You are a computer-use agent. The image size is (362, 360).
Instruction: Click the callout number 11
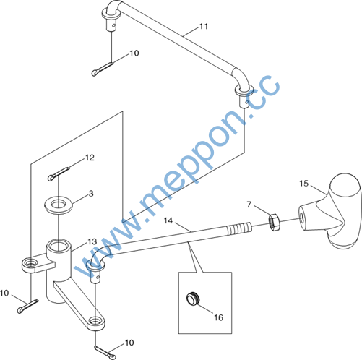point(204,26)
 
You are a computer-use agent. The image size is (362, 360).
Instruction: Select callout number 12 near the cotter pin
point(90,158)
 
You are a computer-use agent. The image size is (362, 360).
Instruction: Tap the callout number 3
point(91,193)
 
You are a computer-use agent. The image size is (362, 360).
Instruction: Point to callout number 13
point(92,241)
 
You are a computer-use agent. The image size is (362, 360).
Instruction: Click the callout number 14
point(168,220)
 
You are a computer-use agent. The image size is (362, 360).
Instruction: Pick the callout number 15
point(303,184)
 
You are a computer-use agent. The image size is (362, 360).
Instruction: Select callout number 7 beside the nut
point(249,205)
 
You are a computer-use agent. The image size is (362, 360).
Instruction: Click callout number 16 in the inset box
point(219,317)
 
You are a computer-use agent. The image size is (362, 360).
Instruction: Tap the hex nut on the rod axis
point(275,222)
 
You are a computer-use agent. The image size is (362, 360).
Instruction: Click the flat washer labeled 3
point(59,205)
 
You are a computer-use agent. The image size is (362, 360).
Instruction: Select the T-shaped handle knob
point(330,210)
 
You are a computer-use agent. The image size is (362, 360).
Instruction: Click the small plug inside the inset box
point(193,299)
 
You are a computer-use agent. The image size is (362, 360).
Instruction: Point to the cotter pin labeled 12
point(59,174)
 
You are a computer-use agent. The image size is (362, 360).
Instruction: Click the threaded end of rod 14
point(239,228)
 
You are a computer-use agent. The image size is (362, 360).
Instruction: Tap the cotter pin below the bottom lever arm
point(105,352)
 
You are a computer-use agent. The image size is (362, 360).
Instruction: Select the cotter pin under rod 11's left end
point(103,69)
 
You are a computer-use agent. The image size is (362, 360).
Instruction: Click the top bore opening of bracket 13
point(59,246)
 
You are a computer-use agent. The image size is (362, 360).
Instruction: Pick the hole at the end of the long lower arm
point(95,321)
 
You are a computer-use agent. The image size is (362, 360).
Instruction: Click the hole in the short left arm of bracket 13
point(30,262)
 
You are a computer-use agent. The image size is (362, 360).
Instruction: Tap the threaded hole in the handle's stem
point(301,215)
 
